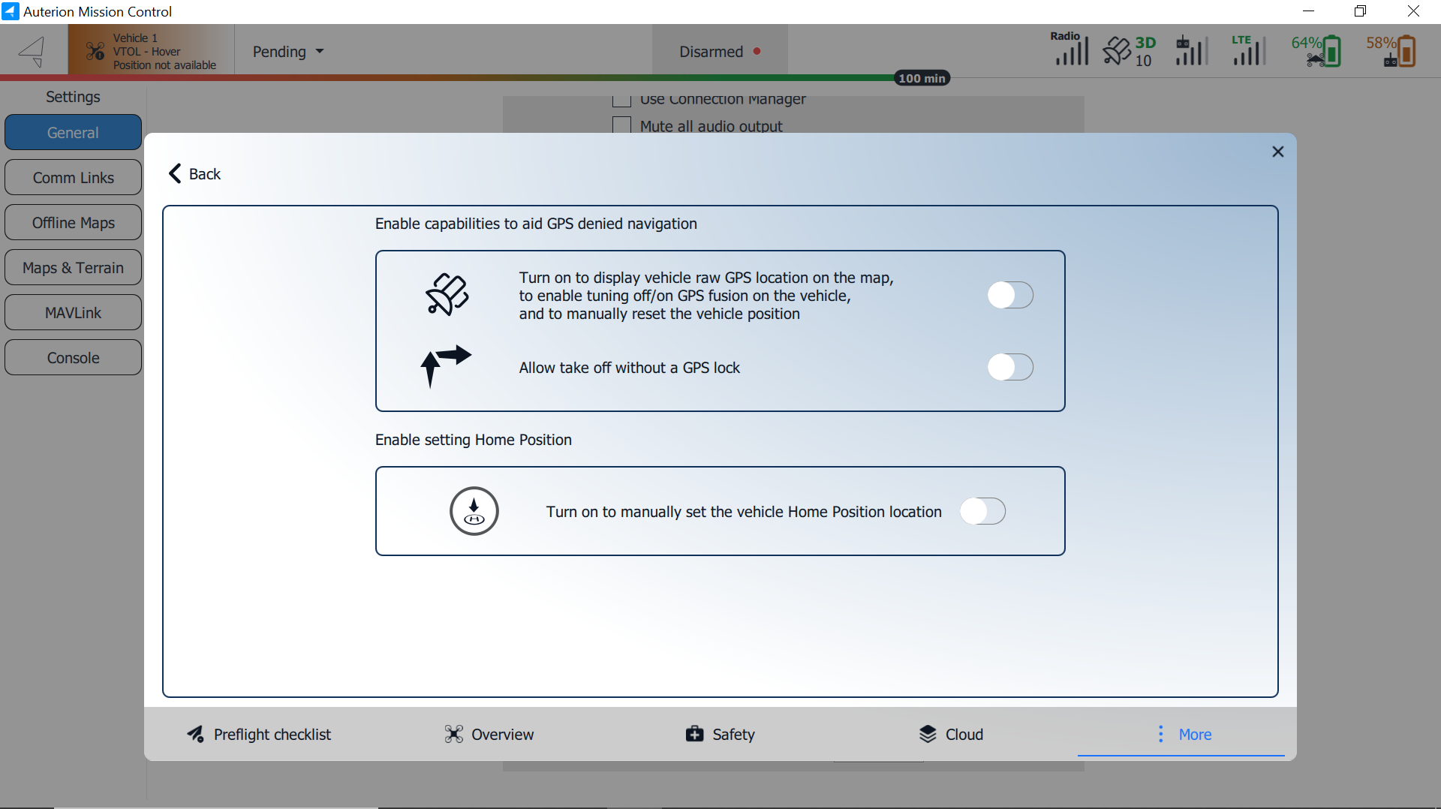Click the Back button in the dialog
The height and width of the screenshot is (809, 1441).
click(x=194, y=174)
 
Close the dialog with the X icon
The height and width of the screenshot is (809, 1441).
click(x=1278, y=152)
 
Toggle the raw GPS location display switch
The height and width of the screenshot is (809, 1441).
click(x=1010, y=295)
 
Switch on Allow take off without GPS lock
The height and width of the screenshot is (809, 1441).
click(x=1010, y=367)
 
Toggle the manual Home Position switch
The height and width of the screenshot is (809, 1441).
click(x=982, y=511)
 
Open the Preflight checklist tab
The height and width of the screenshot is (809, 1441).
click(x=259, y=734)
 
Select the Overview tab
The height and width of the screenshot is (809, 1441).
click(x=489, y=734)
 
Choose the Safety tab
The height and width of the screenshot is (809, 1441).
click(x=720, y=734)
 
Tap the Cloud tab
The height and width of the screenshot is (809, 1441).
click(x=951, y=734)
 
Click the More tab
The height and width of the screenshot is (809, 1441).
click(x=1181, y=734)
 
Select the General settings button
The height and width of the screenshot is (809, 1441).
click(x=73, y=133)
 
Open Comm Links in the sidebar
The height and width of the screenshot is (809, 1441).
click(x=73, y=178)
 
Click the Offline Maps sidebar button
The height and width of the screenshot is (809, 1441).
click(x=73, y=223)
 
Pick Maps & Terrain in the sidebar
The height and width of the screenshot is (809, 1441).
click(x=73, y=268)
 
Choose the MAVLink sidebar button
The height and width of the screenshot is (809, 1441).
click(x=73, y=313)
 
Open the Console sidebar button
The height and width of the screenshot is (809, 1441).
click(x=73, y=358)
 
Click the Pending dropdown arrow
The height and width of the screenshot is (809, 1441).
click(x=320, y=52)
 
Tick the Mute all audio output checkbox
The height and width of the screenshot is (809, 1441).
click(x=621, y=125)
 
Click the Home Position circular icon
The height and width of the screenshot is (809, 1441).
click(x=474, y=511)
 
